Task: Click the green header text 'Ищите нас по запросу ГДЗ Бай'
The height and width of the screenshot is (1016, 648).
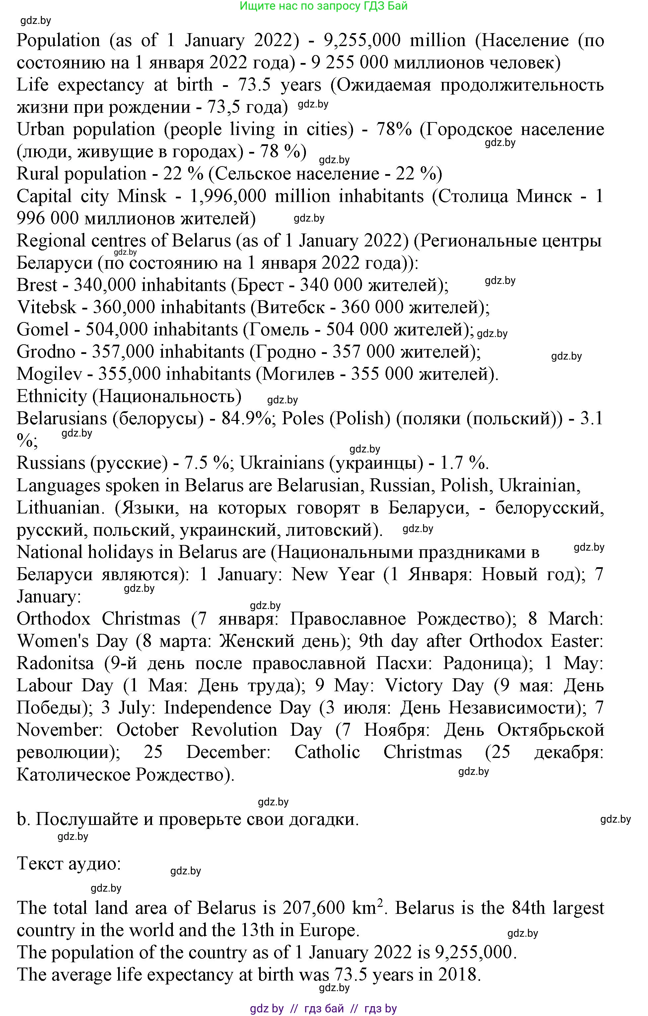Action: coord(324,6)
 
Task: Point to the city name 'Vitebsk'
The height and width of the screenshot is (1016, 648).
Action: coord(46,307)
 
